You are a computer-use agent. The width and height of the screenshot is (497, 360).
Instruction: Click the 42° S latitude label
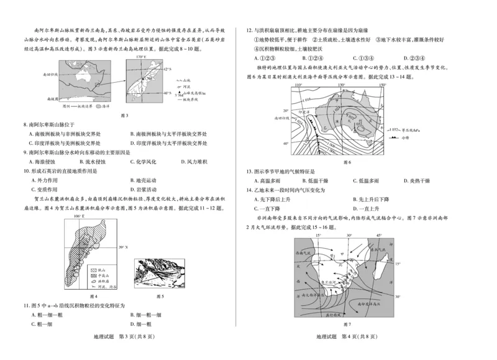point(166,69)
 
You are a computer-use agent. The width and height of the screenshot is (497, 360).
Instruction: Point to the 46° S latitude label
point(166,92)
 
